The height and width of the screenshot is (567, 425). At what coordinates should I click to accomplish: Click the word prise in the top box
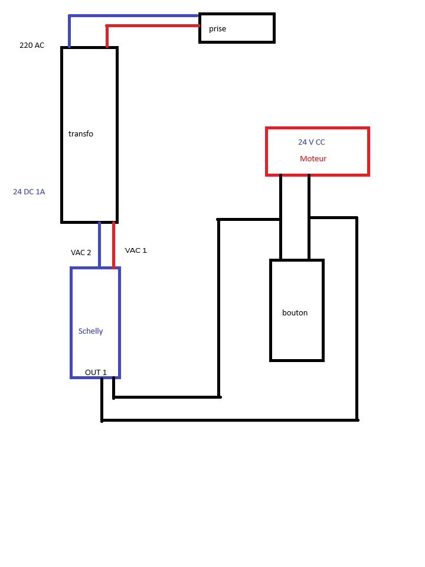tap(217, 28)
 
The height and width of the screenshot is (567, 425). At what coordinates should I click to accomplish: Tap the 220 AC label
tap(32, 45)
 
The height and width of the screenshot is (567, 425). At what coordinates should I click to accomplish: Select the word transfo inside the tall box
tap(81, 134)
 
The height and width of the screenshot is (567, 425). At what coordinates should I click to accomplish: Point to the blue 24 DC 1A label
tap(29, 192)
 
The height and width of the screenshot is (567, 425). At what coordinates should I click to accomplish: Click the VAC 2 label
tap(81, 253)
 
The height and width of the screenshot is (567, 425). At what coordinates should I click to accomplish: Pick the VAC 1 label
tap(136, 250)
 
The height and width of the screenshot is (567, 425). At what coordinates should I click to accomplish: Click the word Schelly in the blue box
tap(90, 331)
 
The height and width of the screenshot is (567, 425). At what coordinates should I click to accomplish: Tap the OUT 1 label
tap(96, 373)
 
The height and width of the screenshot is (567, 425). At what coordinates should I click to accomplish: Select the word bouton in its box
tap(295, 313)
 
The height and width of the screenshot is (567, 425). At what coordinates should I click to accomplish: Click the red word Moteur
tap(313, 159)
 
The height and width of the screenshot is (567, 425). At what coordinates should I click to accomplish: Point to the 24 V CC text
tap(311, 142)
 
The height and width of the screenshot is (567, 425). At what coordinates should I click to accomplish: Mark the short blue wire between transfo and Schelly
tap(99, 245)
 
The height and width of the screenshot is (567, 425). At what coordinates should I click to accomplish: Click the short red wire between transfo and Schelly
tap(113, 245)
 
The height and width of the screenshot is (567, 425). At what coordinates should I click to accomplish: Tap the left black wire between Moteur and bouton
tap(280, 217)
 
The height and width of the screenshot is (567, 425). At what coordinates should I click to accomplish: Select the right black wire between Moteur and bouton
tap(309, 217)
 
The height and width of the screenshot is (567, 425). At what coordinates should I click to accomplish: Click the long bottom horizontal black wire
tap(230, 420)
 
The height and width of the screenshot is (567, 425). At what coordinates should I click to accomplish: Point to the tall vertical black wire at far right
tap(357, 319)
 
